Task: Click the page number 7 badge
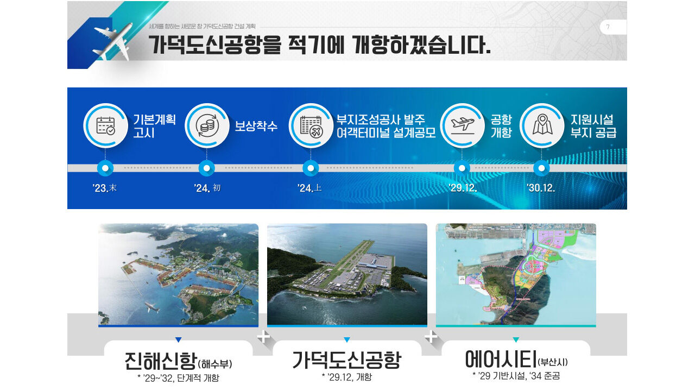(x=608, y=27)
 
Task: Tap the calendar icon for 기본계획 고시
(x=105, y=125)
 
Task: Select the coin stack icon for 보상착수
(x=207, y=125)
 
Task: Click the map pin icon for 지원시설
(x=542, y=125)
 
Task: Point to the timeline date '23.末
(x=105, y=188)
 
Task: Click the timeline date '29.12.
(x=463, y=188)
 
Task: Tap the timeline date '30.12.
(x=541, y=188)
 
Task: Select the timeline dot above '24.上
(x=311, y=168)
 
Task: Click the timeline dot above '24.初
(x=207, y=168)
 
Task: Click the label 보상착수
(x=256, y=126)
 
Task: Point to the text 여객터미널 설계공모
(x=386, y=133)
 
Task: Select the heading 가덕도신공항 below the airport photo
(x=346, y=360)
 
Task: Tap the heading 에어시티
(x=500, y=359)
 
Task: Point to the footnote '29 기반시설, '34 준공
(x=516, y=376)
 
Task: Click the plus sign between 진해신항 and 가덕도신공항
(x=263, y=337)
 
